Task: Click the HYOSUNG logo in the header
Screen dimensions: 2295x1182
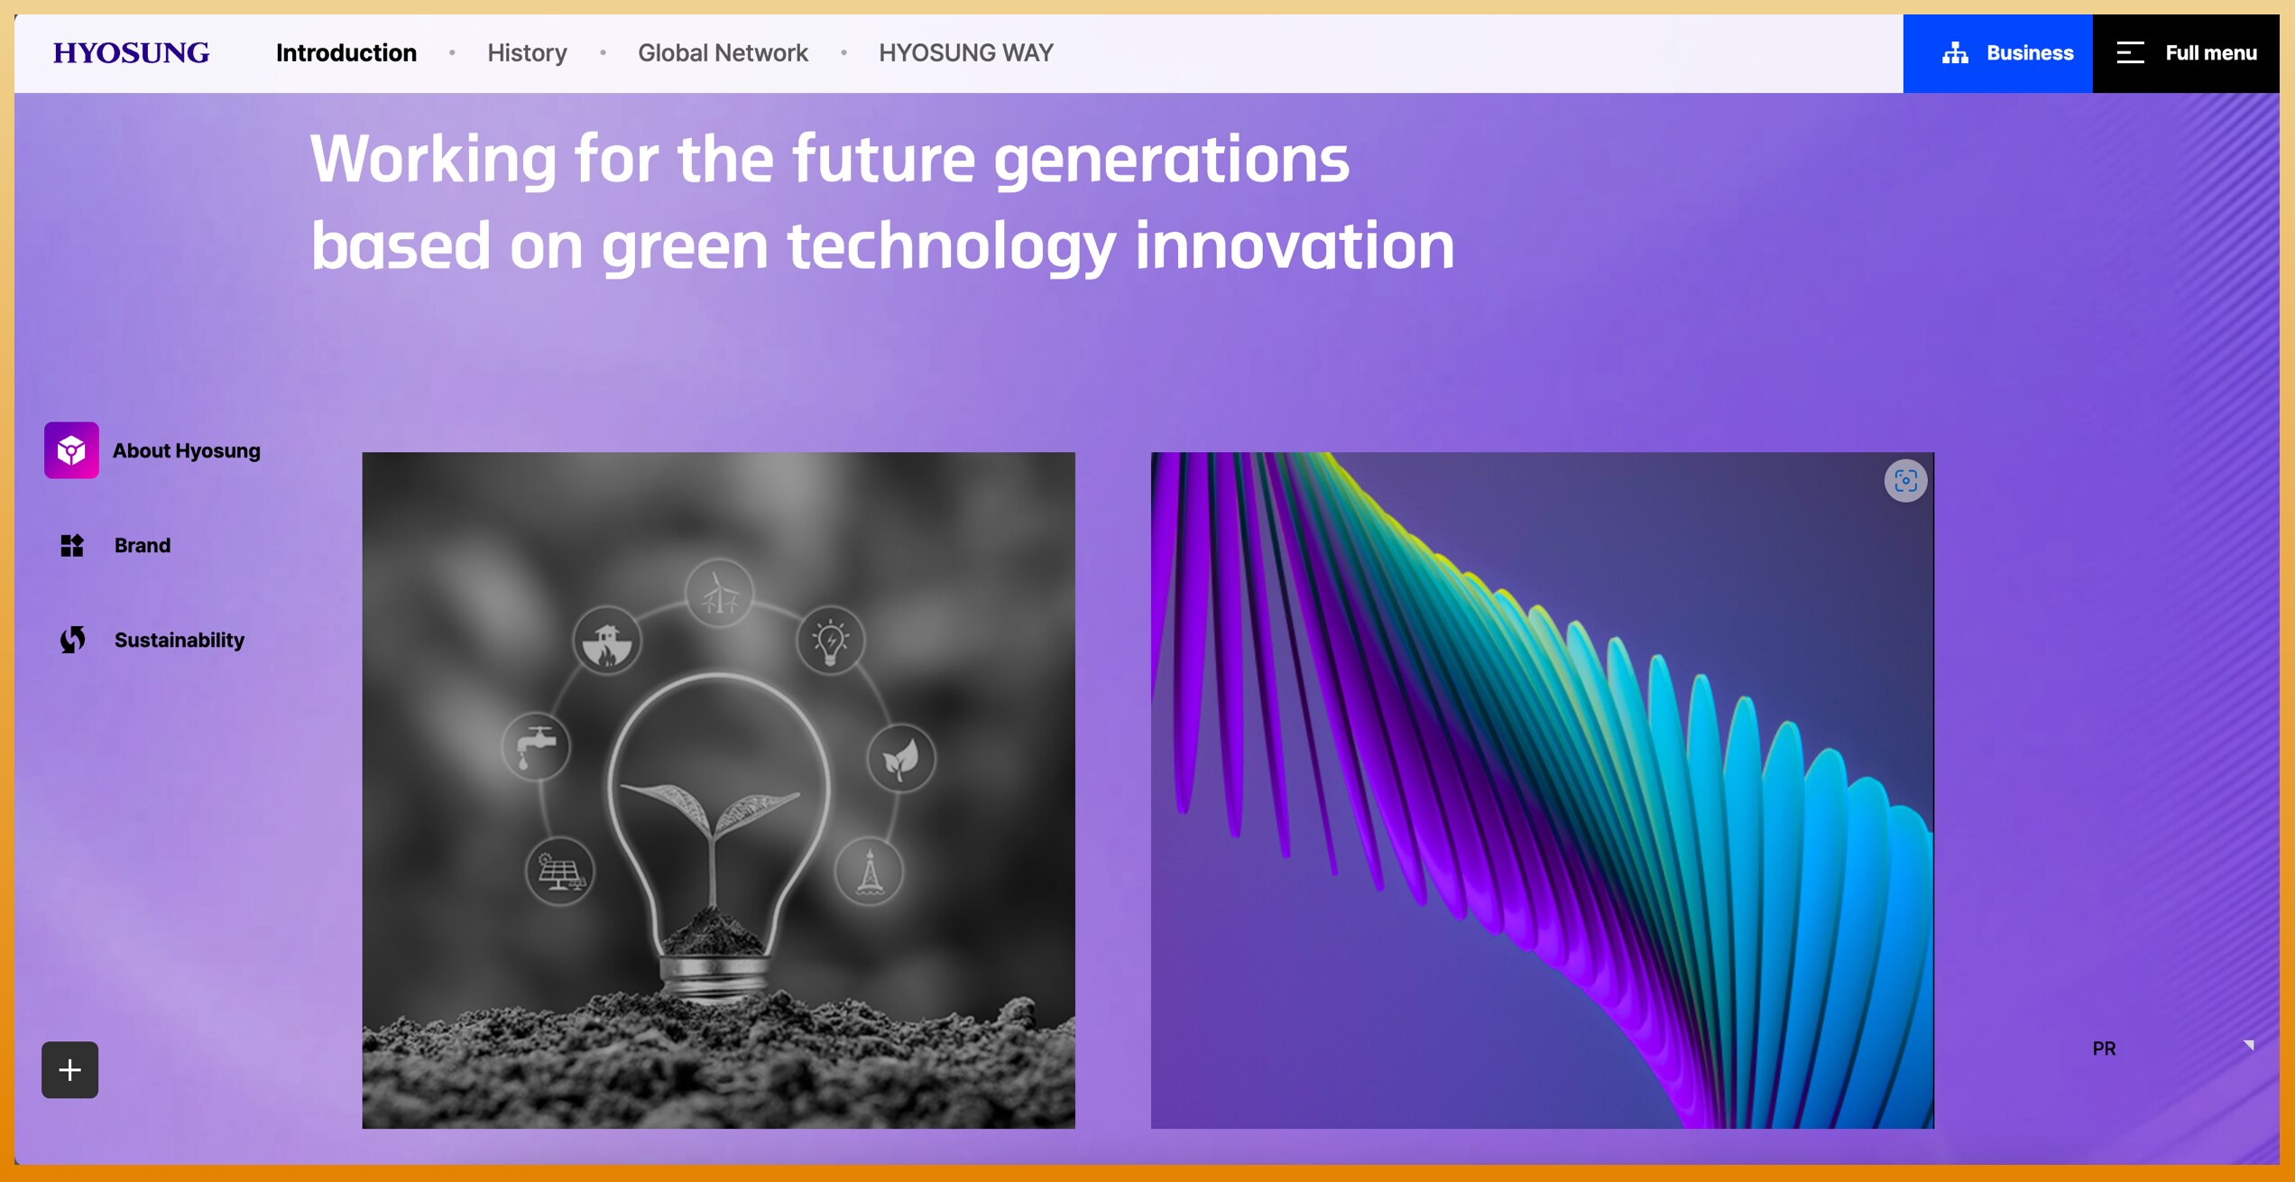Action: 131,53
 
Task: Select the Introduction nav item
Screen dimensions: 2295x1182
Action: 346,53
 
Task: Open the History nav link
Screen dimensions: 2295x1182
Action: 528,53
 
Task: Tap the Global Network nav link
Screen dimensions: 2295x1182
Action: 723,53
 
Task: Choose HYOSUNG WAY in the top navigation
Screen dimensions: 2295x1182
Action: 966,53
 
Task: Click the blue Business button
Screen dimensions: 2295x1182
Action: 1998,53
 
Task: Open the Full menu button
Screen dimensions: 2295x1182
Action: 2186,53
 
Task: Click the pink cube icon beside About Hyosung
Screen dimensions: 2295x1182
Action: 71,450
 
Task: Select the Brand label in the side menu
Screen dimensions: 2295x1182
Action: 143,546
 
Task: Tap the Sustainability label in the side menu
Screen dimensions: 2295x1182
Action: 180,641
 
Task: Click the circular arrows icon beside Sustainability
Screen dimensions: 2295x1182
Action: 72,640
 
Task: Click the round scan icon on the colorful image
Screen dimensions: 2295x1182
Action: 1905,481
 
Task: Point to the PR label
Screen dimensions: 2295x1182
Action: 2104,1048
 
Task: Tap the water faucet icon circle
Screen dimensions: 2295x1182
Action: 536,747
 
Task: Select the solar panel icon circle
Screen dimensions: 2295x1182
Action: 560,872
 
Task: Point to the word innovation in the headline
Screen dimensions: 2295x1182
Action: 1295,246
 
